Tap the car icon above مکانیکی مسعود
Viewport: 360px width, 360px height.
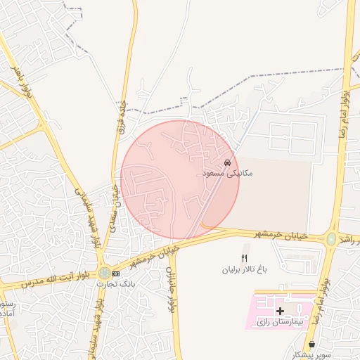[x=226, y=162]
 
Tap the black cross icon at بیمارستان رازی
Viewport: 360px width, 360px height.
[x=280, y=310]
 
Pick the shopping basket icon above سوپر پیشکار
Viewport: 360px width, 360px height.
[x=311, y=345]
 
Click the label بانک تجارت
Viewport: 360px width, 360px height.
[x=126, y=283]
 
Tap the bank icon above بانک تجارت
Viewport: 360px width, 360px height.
[x=115, y=273]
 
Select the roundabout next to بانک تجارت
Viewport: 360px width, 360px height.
[x=105, y=272]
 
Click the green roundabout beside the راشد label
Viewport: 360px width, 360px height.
[x=330, y=238]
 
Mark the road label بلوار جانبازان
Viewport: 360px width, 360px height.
[x=169, y=289]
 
